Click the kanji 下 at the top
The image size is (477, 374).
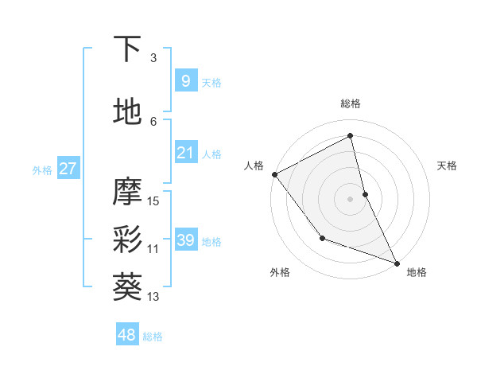(128, 49)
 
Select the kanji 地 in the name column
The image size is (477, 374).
(128, 111)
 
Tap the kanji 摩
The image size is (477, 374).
(128, 191)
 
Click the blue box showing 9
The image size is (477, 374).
(185, 81)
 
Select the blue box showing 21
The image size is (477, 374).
(185, 153)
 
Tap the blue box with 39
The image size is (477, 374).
(185, 240)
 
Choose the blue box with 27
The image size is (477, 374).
(68, 169)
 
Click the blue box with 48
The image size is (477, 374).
(127, 335)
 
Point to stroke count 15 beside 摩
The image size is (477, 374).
(153, 201)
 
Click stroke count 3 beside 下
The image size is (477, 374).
(153, 58)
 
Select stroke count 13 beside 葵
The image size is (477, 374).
(153, 297)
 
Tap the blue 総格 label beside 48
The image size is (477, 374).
(153, 337)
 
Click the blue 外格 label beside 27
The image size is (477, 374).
(42, 169)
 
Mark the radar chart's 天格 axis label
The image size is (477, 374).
(448, 166)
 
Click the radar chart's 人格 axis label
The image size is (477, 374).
(254, 166)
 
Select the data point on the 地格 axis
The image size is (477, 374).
(397, 263)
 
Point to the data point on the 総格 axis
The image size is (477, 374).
(350, 136)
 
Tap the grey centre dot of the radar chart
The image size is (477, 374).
(350, 198)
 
